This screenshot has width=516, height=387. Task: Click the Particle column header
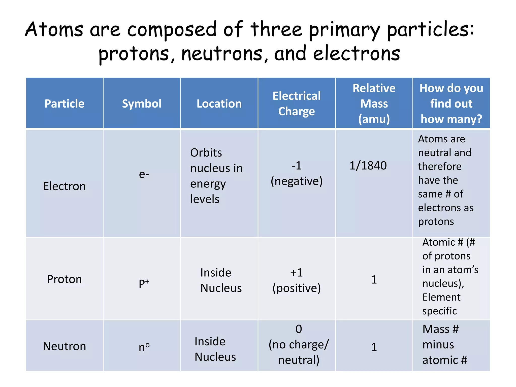64,104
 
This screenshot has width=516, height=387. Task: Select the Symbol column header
142,104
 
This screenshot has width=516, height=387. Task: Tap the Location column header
219,104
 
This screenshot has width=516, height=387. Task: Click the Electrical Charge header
297,104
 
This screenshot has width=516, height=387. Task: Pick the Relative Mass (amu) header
374,104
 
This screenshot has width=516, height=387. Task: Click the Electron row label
64,186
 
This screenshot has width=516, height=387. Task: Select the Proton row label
64,279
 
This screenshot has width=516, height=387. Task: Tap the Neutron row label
64,346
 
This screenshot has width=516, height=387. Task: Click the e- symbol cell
144,174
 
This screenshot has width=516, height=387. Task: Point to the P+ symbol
144,283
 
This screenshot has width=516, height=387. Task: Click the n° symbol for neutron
144,347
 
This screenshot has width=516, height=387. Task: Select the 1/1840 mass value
368,166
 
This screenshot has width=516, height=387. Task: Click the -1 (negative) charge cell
297,173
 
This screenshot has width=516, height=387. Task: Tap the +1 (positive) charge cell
297,280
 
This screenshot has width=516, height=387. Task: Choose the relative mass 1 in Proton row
374,280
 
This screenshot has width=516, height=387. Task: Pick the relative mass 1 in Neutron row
374,347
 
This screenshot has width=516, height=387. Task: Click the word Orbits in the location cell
206,153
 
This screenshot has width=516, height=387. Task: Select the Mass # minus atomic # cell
445,345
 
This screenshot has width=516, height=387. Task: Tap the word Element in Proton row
441,297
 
